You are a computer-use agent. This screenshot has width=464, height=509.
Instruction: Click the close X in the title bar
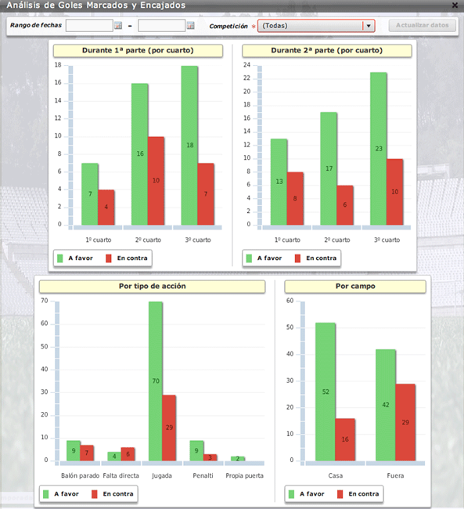pyautogui.click(x=455, y=5)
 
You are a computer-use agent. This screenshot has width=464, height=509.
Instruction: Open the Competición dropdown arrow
pyautogui.click(x=369, y=26)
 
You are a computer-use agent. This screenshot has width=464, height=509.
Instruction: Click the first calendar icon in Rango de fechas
pyautogui.click(x=118, y=25)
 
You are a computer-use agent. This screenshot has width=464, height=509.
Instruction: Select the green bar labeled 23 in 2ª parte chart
pyautogui.click(x=379, y=149)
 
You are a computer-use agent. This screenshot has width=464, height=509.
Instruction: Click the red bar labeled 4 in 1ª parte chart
pyautogui.click(x=106, y=208)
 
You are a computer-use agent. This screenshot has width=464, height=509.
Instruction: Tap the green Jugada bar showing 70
pyautogui.click(x=156, y=381)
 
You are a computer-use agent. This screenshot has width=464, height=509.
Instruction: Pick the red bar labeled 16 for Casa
pyautogui.click(x=345, y=439)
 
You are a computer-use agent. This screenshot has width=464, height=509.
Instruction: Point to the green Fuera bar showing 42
pyautogui.click(x=386, y=405)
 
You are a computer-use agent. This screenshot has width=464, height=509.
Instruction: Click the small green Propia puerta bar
pyautogui.click(x=238, y=459)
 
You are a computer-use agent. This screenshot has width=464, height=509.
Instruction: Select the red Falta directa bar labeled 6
pyautogui.click(x=128, y=454)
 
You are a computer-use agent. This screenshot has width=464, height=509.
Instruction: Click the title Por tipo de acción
pyautogui.click(x=152, y=286)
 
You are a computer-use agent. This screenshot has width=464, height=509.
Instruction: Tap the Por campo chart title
pyautogui.click(x=355, y=286)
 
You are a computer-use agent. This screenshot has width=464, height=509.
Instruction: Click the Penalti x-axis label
pyautogui.click(x=203, y=475)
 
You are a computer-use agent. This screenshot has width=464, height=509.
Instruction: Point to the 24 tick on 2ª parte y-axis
pyautogui.click(x=247, y=65)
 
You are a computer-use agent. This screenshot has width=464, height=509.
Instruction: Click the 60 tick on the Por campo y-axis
pyautogui.click(x=290, y=301)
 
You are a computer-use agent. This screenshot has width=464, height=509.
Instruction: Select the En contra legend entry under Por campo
pyautogui.click(x=358, y=494)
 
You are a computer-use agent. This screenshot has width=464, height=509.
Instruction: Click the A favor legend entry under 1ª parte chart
pyautogui.click(x=75, y=258)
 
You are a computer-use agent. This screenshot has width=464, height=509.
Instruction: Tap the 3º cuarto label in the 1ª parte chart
pyautogui.click(x=198, y=240)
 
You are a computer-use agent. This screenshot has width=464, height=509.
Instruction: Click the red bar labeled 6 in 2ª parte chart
pyautogui.click(x=344, y=205)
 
